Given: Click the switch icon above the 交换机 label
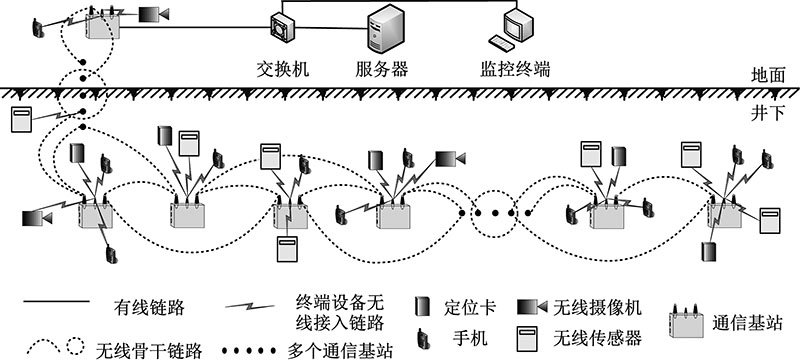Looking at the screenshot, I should click(x=281, y=26).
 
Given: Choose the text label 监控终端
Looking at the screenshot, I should click(x=517, y=70).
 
